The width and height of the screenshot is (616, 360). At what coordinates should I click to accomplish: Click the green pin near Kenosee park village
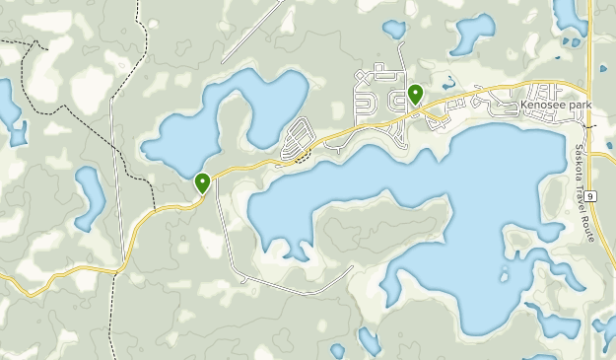coord(416,96)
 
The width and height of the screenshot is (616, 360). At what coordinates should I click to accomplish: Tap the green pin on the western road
coord(202,182)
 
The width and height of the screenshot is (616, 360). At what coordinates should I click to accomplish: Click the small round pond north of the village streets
coord(394,31)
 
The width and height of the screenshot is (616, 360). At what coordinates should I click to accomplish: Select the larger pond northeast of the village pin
coord(473,34)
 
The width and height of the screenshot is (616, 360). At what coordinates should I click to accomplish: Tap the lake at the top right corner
coord(570,15)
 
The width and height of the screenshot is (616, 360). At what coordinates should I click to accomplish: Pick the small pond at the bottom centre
coord(369,340)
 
